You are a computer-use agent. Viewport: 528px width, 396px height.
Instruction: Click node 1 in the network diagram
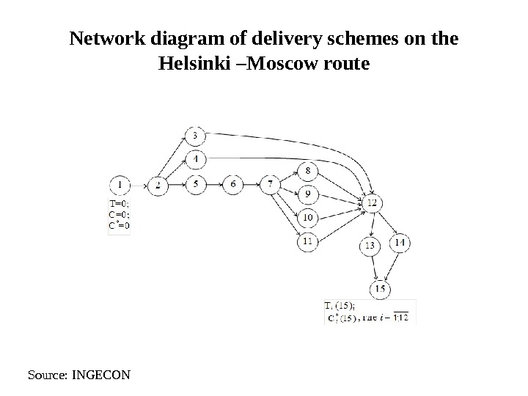(x=121, y=185)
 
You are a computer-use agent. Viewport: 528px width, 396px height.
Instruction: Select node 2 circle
(x=158, y=186)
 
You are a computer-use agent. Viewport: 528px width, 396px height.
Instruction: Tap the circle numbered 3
(x=195, y=136)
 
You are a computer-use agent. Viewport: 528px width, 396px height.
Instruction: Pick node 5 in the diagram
(x=196, y=185)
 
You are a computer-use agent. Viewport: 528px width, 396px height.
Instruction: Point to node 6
(x=233, y=185)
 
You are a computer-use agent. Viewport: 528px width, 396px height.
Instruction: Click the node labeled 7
(x=271, y=185)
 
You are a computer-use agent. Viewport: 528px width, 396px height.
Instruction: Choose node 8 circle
(x=308, y=172)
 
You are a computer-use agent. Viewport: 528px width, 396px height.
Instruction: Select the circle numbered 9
(x=308, y=194)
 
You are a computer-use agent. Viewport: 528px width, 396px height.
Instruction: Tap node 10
(x=308, y=217)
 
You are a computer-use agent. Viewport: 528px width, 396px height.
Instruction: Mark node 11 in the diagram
(x=308, y=240)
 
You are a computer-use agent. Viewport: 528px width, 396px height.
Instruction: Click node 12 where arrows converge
(x=373, y=202)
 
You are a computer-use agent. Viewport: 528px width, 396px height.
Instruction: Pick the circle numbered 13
(x=370, y=246)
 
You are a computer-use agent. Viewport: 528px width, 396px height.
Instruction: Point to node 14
(x=400, y=243)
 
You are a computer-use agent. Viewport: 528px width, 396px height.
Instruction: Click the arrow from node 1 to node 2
(x=139, y=186)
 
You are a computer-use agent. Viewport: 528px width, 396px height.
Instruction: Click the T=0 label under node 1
(x=120, y=205)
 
